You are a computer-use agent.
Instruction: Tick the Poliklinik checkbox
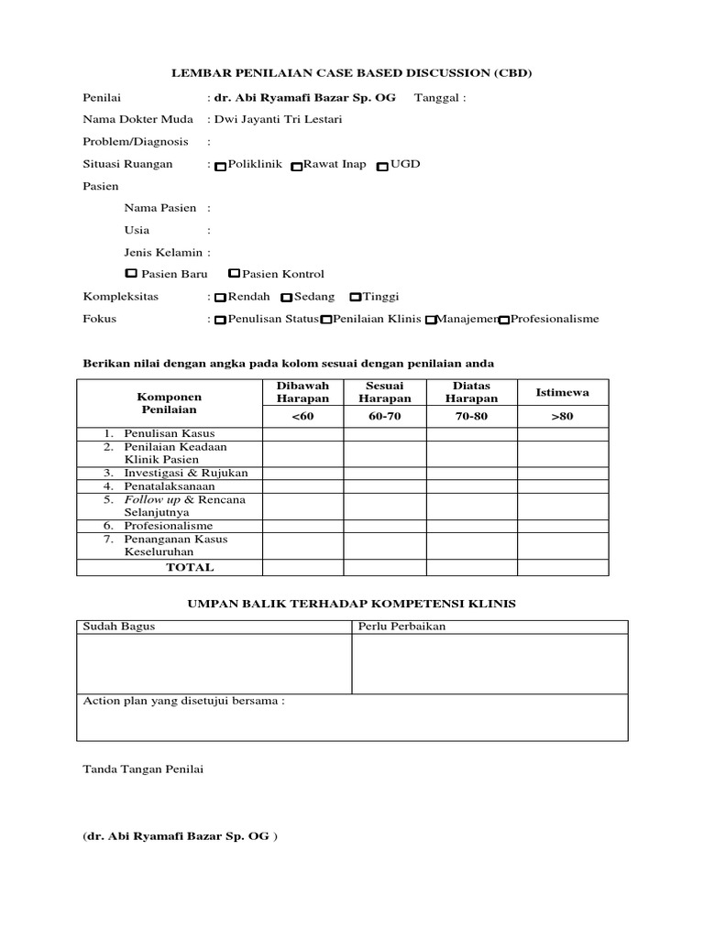[221, 167]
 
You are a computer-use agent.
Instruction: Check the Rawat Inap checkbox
[296, 167]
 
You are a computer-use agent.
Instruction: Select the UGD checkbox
[383, 167]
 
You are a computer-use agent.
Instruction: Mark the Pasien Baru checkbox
[131, 273]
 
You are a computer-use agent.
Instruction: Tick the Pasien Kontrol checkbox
[235, 273]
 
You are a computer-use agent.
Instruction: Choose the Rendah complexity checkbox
[221, 298]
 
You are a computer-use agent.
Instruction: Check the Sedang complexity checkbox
[287, 298]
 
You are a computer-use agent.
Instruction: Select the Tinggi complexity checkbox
[356, 298]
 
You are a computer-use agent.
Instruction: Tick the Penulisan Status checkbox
[221, 321]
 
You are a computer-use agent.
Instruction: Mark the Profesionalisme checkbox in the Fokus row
[503, 321]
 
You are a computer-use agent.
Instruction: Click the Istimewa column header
[562, 392]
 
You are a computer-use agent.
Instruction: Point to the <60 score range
[302, 417]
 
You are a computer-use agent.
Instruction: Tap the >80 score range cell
[562, 417]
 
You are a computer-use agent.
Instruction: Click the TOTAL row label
[190, 567]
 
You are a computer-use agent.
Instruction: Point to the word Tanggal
[437, 97]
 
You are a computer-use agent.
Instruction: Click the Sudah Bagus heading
[119, 627]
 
